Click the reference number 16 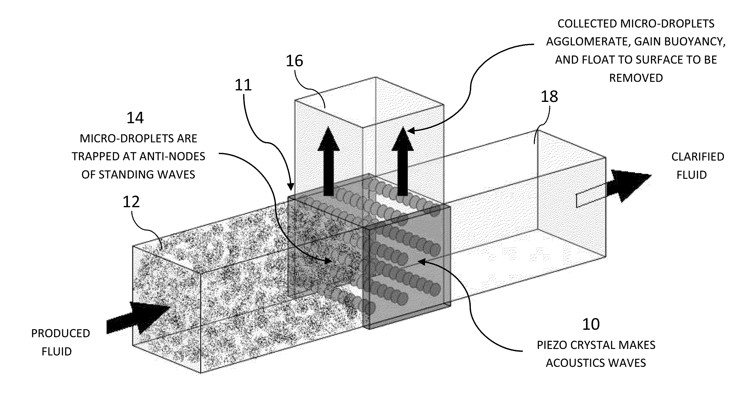(x=294, y=61)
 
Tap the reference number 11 (x=243, y=85)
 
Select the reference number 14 (x=135, y=118)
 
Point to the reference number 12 (x=131, y=202)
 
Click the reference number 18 (x=549, y=97)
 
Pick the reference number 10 (x=591, y=325)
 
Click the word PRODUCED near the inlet (x=61, y=334)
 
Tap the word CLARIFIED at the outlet (x=698, y=157)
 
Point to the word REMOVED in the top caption (x=636, y=78)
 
